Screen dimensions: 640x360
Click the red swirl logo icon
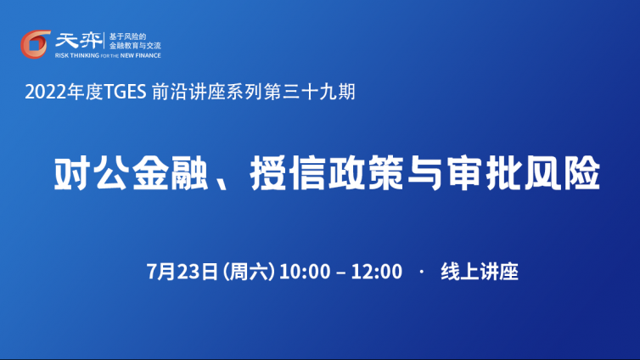pyautogui.click(x=35, y=44)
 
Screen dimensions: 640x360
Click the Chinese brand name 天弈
pyautogui.click(x=79, y=41)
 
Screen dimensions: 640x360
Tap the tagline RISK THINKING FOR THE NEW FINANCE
pyautogui.click(x=108, y=55)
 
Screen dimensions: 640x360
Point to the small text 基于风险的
pyautogui.click(x=127, y=37)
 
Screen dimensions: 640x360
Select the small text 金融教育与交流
pyautogui.click(x=135, y=46)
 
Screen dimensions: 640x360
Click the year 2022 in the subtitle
pyautogui.click(x=45, y=92)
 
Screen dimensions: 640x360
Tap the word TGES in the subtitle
pyautogui.click(x=125, y=92)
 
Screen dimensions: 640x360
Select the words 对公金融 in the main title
pyautogui.click(x=130, y=173)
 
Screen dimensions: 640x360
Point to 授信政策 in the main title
pyautogui.click(x=327, y=173)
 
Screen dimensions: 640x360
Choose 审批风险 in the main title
pyautogui.click(x=523, y=173)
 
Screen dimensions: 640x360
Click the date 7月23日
pyautogui.click(x=182, y=272)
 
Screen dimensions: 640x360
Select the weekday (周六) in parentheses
pyautogui.click(x=249, y=272)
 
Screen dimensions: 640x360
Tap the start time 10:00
pyautogui.click(x=305, y=272)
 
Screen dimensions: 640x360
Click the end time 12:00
pyautogui.click(x=377, y=272)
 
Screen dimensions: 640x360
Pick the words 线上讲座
pyautogui.click(x=480, y=272)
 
